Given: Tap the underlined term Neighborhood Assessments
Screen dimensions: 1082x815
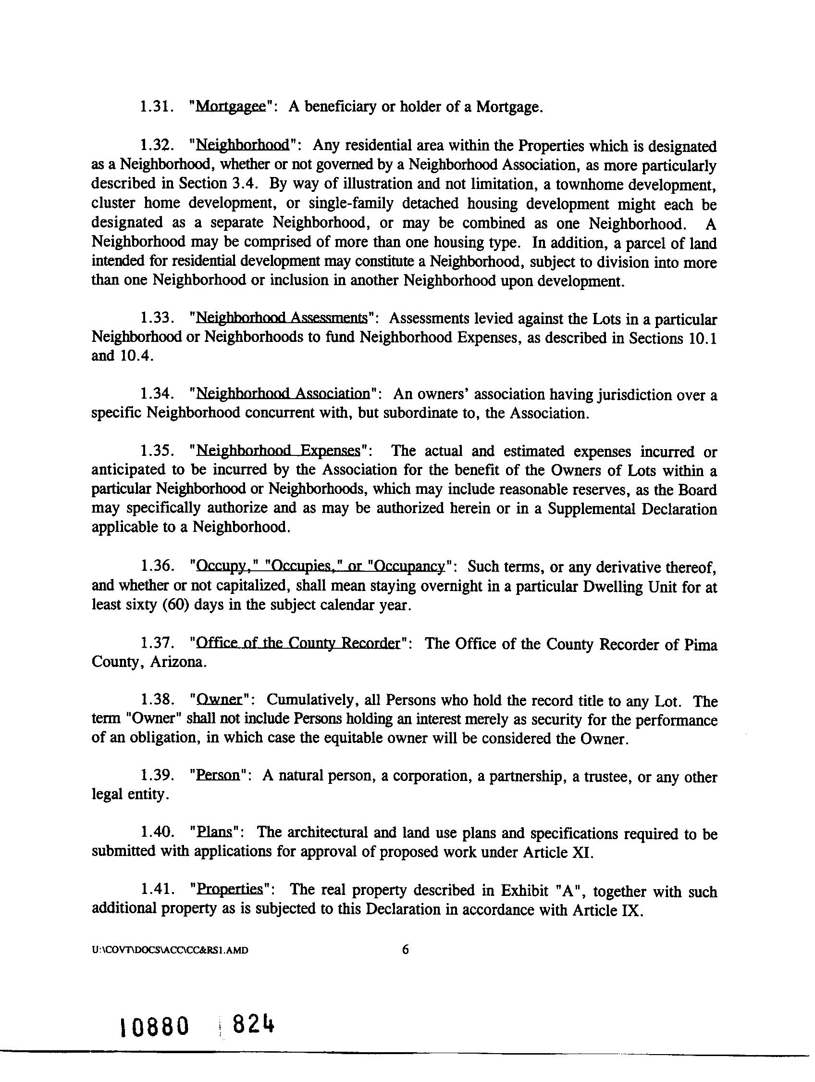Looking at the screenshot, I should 281,318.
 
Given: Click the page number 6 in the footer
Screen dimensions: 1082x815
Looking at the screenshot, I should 405,950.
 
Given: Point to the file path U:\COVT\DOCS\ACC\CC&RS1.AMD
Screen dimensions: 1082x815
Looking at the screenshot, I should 170,950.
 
